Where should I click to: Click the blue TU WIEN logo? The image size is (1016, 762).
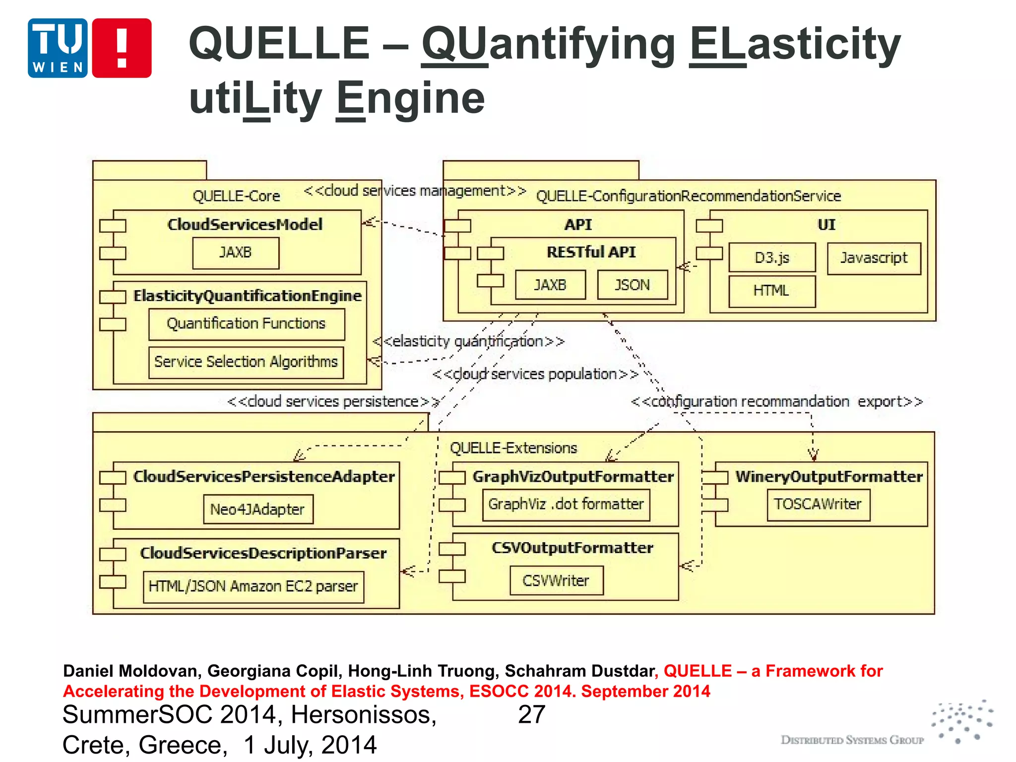click(x=58, y=48)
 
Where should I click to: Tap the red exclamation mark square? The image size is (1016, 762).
click(x=122, y=48)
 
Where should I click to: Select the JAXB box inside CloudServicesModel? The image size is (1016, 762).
click(x=236, y=253)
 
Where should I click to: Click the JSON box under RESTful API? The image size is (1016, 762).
click(x=632, y=285)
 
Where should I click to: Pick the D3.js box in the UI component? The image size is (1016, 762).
click(x=771, y=257)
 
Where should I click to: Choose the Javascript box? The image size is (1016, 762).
click(x=874, y=258)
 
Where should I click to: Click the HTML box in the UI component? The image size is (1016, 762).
click(x=771, y=291)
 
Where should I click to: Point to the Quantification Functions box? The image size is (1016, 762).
click(x=247, y=324)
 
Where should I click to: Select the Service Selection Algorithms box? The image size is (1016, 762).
click(x=246, y=362)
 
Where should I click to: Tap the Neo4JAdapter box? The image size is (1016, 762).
click(x=258, y=509)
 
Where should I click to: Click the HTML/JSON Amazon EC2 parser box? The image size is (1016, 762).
click(x=253, y=586)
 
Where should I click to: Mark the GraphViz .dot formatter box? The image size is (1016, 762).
click(x=566, y=505)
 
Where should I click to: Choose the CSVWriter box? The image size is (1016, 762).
click(x=556, y=580)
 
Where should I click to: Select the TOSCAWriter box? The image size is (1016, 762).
click(x=818, y=505)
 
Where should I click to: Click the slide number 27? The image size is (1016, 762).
click(x=531, y=715)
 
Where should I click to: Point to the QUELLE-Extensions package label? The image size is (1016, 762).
click(x=513, y=448)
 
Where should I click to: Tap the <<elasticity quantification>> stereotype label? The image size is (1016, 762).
click(x=469, y=341)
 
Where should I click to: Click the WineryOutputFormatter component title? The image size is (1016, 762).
click(x=829, y=477)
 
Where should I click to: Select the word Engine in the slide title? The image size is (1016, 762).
click(x=410, y=98)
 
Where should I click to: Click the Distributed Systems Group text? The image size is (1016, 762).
click(x=852, y=740)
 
